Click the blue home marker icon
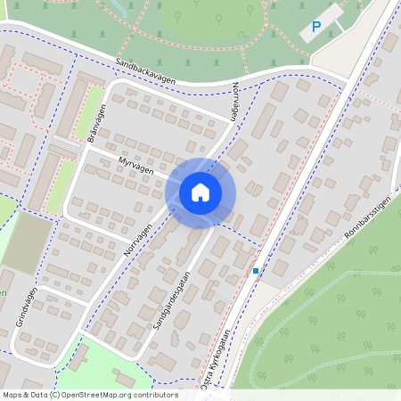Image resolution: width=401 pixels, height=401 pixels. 200,192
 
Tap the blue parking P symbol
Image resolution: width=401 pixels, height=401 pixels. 315,29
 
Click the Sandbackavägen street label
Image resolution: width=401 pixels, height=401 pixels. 146,72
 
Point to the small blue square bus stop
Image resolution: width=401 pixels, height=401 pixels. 256,270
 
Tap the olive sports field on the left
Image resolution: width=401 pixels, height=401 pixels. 28,243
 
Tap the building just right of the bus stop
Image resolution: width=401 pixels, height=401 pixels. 280,266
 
